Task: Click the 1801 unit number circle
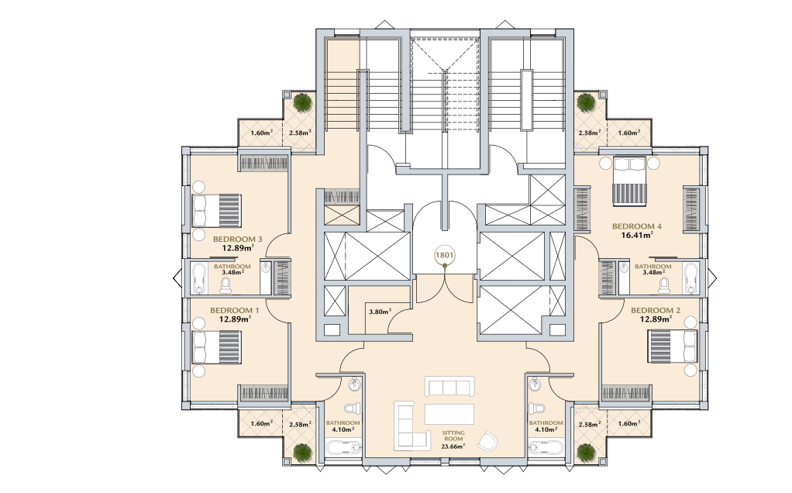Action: (x=445, y=256)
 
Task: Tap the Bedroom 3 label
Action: (x=237, y=240)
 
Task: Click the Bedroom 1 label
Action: (x=234, y=310)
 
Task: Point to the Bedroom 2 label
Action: (x=655, y=310)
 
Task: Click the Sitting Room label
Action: (x=453, y=436)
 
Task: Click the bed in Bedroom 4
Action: (x=628, y=181)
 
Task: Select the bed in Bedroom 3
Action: (x=216, y=211)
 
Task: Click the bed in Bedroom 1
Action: (x=216, y=347)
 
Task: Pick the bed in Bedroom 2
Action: (x=673, y=346)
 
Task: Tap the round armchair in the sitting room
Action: (x=488, y=441)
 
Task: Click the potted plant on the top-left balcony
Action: (x=302, y=102)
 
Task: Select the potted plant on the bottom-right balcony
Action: (x=586, y=452)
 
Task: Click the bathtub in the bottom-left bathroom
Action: (x=343, y=446)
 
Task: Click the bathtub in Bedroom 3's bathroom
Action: (x=199, y=278)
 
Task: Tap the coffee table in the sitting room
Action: (x=449, y=414)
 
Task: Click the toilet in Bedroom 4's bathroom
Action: (x=663, y=286)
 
